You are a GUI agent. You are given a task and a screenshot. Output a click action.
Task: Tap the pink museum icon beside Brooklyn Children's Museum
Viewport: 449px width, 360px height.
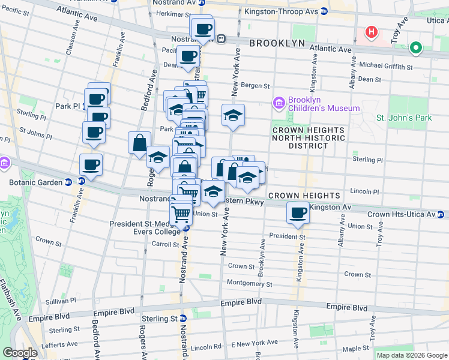(279, 104)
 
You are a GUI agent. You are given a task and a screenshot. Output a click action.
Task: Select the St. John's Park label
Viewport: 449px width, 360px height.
(403, 118)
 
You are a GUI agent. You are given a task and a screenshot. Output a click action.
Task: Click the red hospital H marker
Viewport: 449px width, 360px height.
(372, 32)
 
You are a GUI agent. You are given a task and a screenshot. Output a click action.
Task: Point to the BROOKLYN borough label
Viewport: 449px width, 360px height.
(277, 44)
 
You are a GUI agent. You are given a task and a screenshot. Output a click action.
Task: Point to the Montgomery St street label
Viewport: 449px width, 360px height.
(249, 284)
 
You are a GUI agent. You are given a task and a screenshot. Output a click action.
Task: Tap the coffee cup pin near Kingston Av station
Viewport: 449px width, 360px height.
(297, 212)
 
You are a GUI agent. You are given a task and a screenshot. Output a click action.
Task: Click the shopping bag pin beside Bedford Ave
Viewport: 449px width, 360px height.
(139, 143)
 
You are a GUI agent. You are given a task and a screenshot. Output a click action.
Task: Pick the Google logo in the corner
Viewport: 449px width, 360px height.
(20, 353)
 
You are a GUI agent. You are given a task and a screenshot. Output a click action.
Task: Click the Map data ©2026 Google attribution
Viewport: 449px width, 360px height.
(412, 355)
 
